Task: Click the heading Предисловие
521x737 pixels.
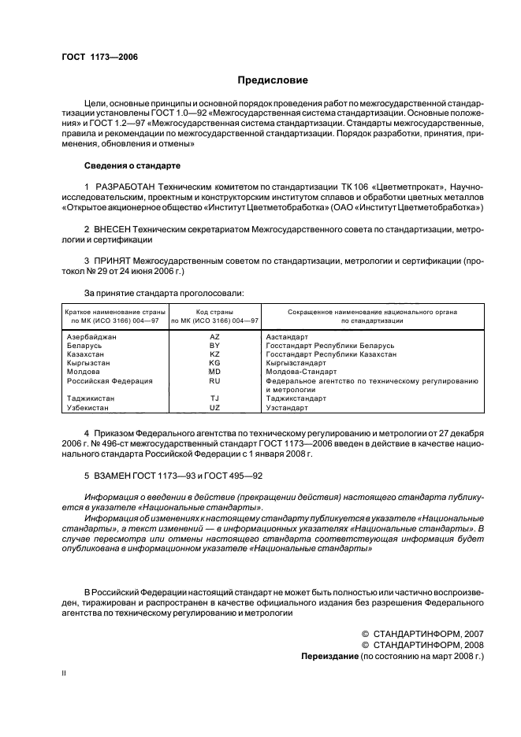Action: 273,80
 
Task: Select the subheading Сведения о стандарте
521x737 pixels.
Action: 132,166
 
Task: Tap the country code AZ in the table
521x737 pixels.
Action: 214,337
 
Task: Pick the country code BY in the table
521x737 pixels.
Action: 214,346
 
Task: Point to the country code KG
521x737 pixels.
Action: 214,363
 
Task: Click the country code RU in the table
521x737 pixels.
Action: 214,380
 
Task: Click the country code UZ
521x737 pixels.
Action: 214,407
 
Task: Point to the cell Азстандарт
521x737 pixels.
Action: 288,337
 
